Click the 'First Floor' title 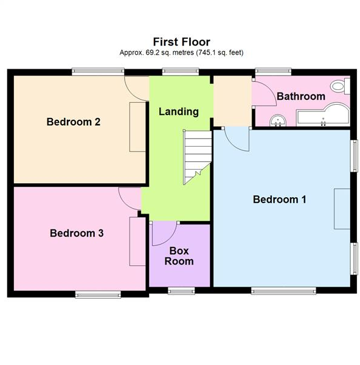(181, 42)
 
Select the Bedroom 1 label (280, 200)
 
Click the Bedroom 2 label (74, 122)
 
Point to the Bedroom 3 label (77, 233)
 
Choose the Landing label (179, 112)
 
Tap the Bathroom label (300, 97)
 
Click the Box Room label (181, 256)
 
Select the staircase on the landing (196, 157)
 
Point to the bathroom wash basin (277, 120)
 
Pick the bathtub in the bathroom (321, 116)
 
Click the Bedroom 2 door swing (137, 88)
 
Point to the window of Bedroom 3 (98, 295)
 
